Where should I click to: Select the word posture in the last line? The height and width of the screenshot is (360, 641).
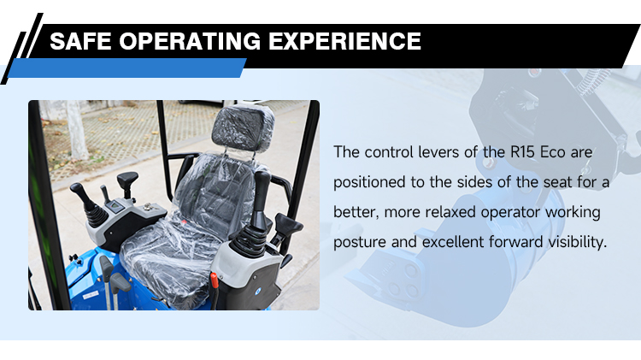360,242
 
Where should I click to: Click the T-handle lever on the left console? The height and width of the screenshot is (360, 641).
127,180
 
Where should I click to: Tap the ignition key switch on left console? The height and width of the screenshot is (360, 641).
103,193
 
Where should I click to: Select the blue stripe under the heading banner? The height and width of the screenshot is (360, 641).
128,68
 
